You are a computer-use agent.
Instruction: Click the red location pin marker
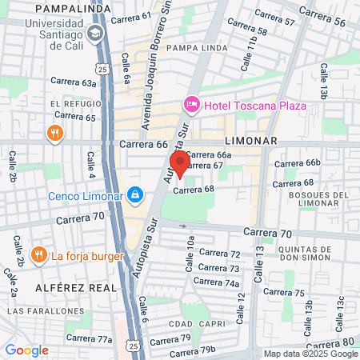[180, 163]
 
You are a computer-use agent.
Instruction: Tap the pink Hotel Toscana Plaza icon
[190, 104]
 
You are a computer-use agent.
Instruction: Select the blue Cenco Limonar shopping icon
[136, 194]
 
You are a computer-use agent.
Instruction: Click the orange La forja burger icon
[38, 255]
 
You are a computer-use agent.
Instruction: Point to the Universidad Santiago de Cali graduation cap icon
[96, 33]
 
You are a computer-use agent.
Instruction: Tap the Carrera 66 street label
[143, 144]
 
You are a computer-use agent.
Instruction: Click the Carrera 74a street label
[218, 282]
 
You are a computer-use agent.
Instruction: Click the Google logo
[26, 350]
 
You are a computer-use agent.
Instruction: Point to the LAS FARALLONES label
[34, 310]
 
